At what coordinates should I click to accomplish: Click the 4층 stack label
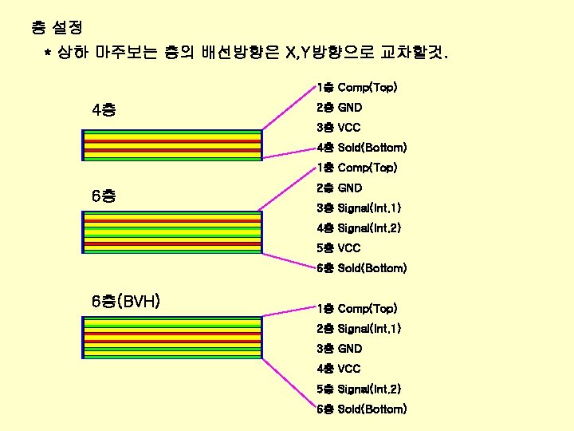coord(103,109)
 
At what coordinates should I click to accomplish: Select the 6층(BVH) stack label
coord(127,301)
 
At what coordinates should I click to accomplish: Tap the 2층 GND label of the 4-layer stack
coord(339,107)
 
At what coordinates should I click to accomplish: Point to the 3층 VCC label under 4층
coord(338,128)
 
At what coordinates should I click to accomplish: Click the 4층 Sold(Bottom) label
coord(361,148)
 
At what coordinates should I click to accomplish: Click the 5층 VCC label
coord(338,248)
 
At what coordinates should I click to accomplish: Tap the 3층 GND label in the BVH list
coord(339,349)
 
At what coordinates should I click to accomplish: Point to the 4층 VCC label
coord(338,369)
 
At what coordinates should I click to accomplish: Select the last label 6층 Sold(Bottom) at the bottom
coord(361,409)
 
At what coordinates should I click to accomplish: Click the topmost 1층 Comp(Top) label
coord(356,86)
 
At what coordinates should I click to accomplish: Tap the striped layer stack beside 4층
coord(171,144)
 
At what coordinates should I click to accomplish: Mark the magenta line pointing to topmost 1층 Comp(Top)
coord(289,109)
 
